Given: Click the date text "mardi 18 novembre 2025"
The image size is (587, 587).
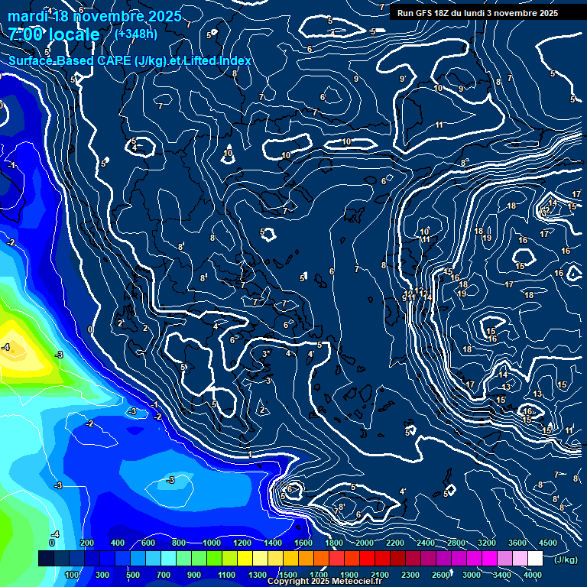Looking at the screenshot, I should click(95, 16).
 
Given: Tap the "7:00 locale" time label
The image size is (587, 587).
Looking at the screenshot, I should click(54, 34).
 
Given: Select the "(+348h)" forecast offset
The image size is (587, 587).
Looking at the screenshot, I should click(136, 34).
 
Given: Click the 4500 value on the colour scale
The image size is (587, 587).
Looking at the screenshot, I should click(546, 543).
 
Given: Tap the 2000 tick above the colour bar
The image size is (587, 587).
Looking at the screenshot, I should click(365, 543).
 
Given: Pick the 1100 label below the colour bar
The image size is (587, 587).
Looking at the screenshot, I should click(226, 575).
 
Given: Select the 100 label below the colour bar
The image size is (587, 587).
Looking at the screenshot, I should click(73, 575).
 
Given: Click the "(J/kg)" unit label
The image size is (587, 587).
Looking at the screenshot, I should click(566, 559).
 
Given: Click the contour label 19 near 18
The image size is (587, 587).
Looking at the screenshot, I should click(487, 238).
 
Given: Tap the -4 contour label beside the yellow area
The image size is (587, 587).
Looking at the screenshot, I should click(5, 347).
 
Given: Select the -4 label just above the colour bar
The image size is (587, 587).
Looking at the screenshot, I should click(55, 533).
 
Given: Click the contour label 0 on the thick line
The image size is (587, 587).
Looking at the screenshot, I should click(90, 329).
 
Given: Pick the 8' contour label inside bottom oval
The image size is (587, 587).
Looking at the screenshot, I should click(342, 506).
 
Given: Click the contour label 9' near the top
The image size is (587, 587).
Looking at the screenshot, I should click(402, 79).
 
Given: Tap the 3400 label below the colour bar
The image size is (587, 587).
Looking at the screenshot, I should click(501, 575).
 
